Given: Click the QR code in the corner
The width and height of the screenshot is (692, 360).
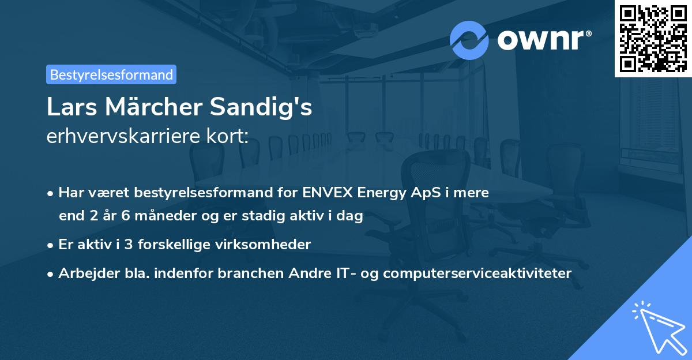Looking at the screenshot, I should click(x=653, y=38).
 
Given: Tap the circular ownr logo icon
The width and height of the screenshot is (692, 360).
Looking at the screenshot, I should click(x=469, y=40).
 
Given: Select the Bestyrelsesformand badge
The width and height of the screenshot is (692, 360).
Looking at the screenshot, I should click(x=111, y=74).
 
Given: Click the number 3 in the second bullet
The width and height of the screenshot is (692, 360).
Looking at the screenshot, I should click(x=129, y=244).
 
